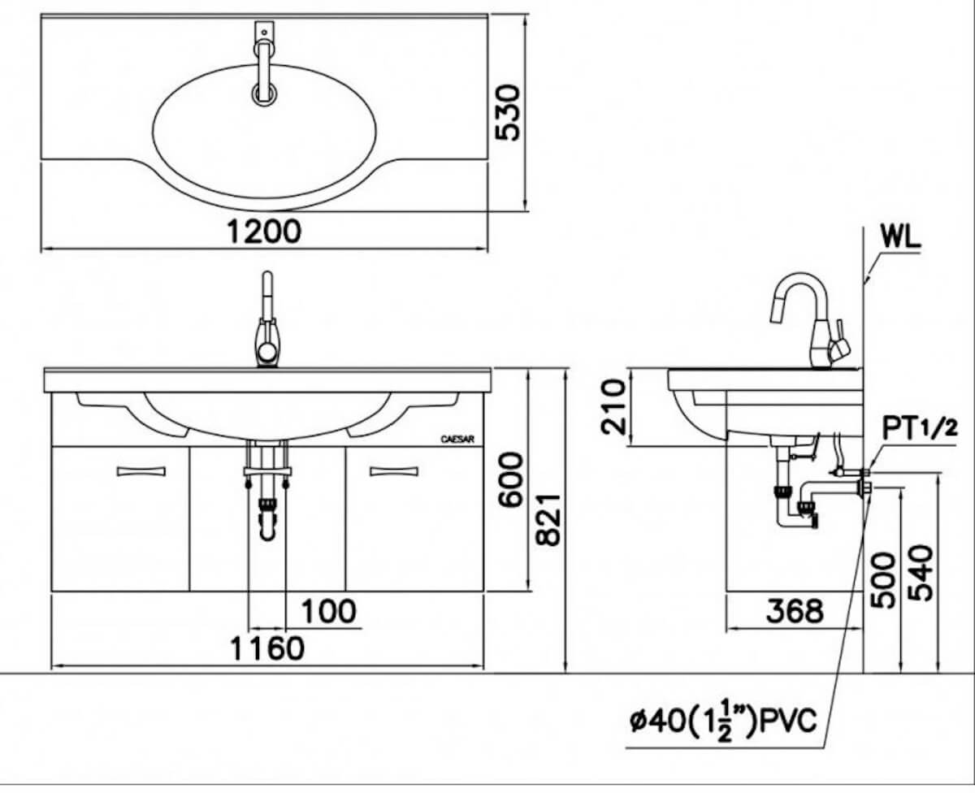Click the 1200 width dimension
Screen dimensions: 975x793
[265, 231]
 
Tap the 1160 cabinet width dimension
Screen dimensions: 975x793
[267, 648]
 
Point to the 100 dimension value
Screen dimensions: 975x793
[329, 611]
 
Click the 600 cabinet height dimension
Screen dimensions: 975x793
[510, 479]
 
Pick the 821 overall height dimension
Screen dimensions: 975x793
[548, 520]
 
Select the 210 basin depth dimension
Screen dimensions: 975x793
[613, 407]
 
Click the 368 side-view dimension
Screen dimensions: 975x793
[795, 611]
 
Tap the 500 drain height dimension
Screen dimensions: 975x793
[883, 581]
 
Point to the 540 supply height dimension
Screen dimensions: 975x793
[920, 573]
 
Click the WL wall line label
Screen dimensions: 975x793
[900, 238]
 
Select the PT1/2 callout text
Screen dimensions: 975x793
[920, 429]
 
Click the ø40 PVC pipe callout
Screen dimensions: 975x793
[723, 722]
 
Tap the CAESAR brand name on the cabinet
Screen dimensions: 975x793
[457, 440]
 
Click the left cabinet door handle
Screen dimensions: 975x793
[141, 471]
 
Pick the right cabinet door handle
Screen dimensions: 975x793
[394, 471]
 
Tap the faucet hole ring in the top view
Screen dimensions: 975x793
[264, 95]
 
